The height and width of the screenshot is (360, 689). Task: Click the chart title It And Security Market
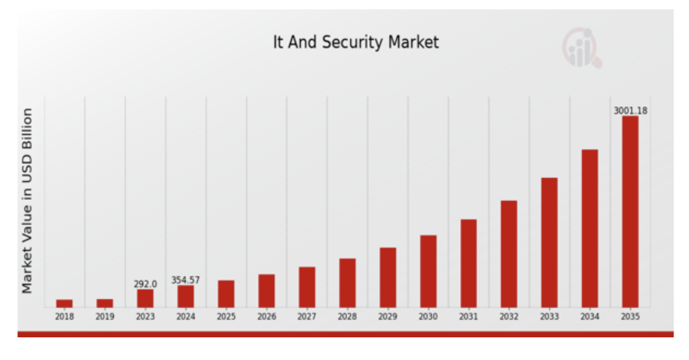click(x=355, y=42)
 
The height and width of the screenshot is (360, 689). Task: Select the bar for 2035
click(x=630, y=211)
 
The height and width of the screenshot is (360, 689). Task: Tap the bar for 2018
click(x=64, y=303)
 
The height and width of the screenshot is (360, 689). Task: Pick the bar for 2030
click(x=428, y=270)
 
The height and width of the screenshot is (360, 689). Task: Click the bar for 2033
click(x=549, y=242)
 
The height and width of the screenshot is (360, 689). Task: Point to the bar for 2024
click(x=185, y=296)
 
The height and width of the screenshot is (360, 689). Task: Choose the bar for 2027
click(x=307, y=287)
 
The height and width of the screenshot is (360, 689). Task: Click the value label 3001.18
click(x=630, y=111)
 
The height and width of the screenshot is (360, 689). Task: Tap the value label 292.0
click(x=145, y=284)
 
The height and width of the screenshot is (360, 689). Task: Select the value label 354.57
click(x=185, y=280)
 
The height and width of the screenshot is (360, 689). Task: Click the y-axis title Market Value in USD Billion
click(x=27, y=201)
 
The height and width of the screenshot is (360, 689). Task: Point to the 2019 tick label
click(x=105, y=317)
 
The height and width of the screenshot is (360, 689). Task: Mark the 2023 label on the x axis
click(x=145, y=317)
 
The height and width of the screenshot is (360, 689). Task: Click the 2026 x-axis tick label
click(x=266, y=317)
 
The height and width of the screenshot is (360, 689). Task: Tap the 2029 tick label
click(x=387, y=317)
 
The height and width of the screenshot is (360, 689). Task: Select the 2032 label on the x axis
click(x=509, y=317)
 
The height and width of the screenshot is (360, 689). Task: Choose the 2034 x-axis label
click(x=590, y=317)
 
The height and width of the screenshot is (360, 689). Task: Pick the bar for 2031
click(x=469, y=262)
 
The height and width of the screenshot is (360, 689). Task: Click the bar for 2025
click(x=226, y=293)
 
